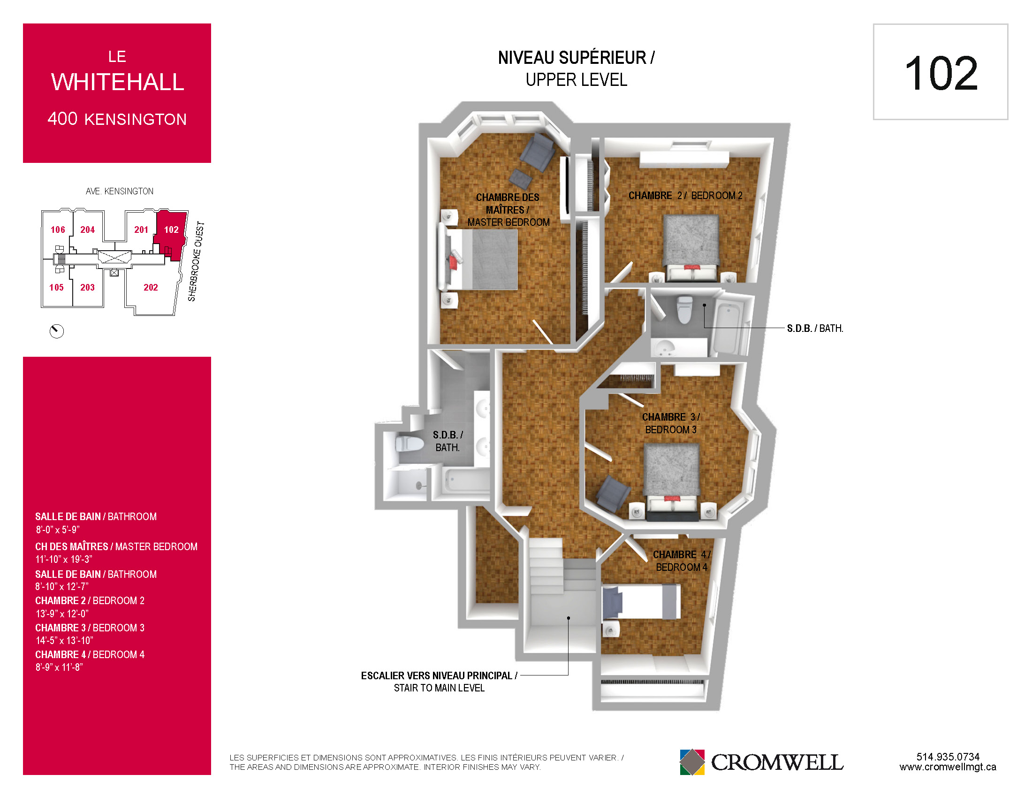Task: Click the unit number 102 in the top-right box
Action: pos(941,74)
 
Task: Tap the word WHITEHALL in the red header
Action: pos(118,82)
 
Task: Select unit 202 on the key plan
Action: pos(151,287)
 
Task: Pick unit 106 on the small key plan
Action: pos(58,230)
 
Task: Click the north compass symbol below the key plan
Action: pos(57,331)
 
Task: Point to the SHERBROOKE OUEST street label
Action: pos(196,261)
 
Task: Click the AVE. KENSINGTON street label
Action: pos(120,191)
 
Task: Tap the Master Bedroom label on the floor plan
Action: pos(508,209)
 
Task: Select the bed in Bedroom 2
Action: pos(691,248)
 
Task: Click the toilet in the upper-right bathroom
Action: pos(684,309)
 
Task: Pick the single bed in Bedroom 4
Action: pos(641,602)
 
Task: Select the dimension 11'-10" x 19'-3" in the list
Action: pos(64,559)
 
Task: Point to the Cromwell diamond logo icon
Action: pos(692,762)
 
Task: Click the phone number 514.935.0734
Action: pos(948,757)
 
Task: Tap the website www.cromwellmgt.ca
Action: pos(948,767)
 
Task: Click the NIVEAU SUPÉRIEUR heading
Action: pos(577,58)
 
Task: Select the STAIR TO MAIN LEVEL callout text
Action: pos(439,688)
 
